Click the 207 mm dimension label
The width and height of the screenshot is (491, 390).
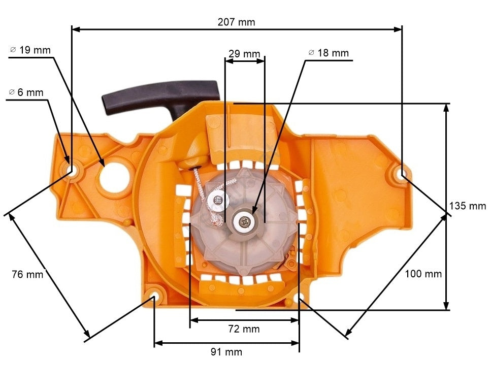pos(236,22)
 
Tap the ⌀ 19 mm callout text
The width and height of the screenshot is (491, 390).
pos(30,50)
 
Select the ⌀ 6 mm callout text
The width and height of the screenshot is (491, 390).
pos(26,92)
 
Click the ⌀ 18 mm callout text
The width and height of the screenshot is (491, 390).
pos(329,53)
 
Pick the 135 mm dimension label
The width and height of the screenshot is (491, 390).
pos(467,206)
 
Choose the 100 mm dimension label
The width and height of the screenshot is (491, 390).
pos(423,274)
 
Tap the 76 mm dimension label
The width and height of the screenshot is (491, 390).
pos(27,274)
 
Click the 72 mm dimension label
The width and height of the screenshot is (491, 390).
pos(244,329)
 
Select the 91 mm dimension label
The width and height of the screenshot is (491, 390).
pos(226,352)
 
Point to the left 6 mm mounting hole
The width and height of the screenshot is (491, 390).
pos(72,171)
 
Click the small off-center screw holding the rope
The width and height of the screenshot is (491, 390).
pos(219,200)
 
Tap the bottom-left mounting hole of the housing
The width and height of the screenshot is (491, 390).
pos(154,296)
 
